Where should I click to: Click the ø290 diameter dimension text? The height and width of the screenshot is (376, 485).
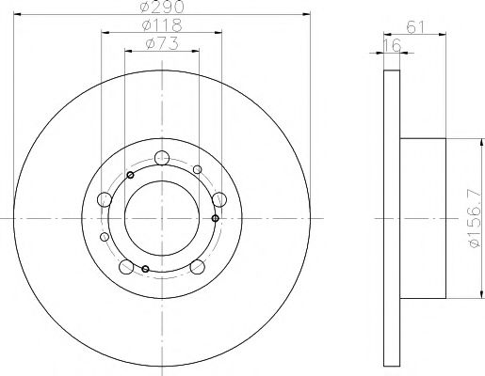157,8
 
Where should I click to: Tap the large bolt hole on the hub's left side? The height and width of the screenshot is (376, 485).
104,199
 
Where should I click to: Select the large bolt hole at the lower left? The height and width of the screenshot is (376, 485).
125,266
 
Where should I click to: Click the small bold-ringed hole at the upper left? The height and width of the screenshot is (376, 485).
131,176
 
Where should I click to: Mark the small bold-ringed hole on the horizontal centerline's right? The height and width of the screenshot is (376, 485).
216,218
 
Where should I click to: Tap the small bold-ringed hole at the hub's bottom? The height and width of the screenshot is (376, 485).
145,270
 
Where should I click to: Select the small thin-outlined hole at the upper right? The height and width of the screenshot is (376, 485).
196,169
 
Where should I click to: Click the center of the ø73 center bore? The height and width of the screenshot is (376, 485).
161,218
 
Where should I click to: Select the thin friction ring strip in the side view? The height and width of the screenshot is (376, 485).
393,218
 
